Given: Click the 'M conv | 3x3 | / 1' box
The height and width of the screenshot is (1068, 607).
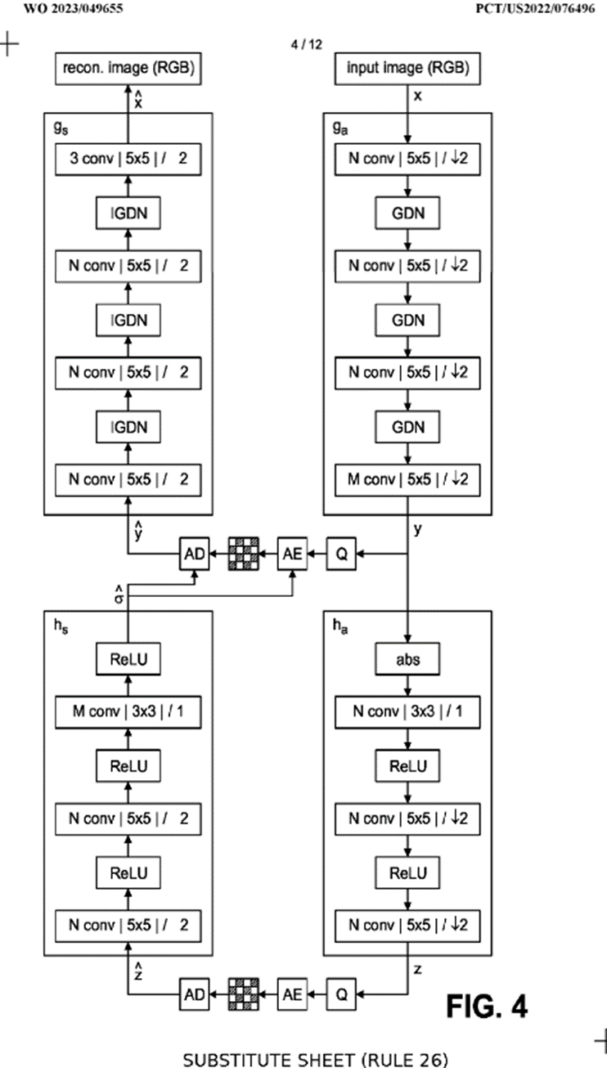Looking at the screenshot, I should coord(127,711).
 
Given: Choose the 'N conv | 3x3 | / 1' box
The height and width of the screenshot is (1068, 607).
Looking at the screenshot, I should coord(408,711).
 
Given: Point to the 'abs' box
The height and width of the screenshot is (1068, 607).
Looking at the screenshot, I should coord(408,659).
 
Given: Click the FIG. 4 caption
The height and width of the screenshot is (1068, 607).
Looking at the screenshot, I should coord(487,1006).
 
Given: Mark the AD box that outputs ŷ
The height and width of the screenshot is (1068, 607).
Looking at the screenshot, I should coord(194,555).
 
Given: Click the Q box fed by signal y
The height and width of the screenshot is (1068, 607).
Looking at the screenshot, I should coord(342,555).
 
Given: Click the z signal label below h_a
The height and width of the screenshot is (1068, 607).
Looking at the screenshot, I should coord(418,969).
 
